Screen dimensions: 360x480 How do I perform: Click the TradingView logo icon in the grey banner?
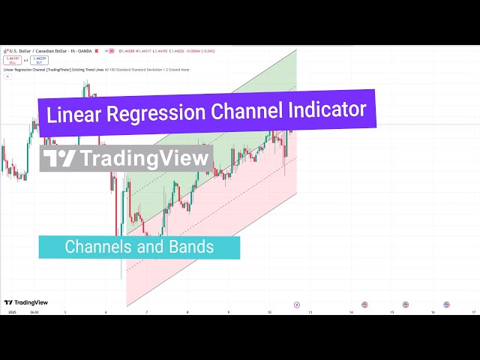click(59, 159)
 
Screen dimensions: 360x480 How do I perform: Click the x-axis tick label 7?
click(147, 312)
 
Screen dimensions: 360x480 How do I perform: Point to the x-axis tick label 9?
click(229, 312)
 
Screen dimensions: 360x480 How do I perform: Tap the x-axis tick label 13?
click(310, 312)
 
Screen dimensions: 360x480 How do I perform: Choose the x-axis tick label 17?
click(473, 312)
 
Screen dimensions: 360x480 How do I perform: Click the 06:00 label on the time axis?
click(34, 312)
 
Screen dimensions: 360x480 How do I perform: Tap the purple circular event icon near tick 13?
click(297, 304)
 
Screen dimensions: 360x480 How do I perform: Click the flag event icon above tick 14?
click(364, 304)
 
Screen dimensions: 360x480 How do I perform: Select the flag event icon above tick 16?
click(446, 304)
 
